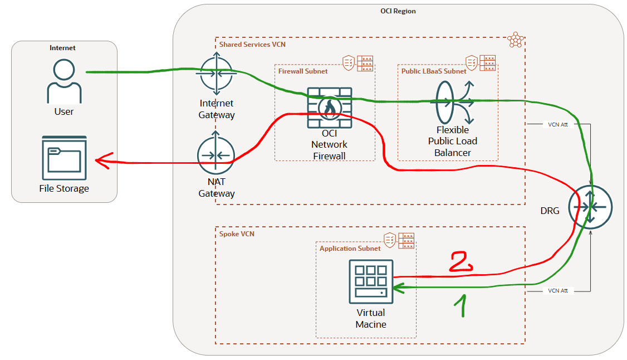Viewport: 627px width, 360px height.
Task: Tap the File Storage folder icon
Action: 64,159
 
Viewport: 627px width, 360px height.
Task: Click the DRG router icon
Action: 590,207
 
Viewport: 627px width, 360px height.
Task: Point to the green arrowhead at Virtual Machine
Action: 398,288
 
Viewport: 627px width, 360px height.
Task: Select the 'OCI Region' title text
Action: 398,11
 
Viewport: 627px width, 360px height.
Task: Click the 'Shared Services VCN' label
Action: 252,44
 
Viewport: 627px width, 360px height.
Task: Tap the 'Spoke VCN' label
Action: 237,234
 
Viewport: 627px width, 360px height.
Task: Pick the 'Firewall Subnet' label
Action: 303,71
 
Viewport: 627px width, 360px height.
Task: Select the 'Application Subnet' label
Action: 350,249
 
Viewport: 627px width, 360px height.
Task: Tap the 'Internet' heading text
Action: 62,48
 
